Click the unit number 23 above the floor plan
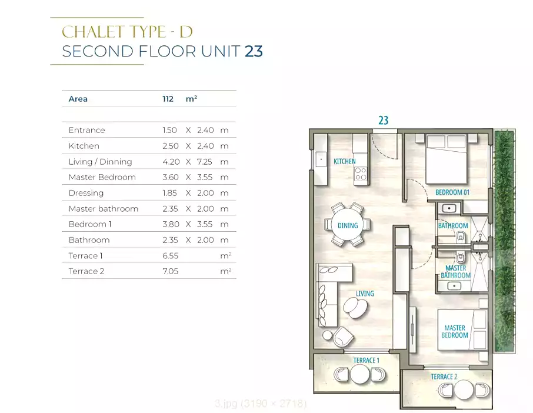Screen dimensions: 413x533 [x=383, y=121]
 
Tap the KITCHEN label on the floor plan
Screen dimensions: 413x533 [x=345, y=161]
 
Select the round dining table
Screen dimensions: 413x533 [x=348, y=225]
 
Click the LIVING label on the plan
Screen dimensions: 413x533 [x=365, y=294]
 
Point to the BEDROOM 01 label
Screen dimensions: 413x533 [x=452, y=192]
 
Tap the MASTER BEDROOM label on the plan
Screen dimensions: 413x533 [x=455, y=332]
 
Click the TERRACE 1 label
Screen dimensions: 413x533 [x=366, y=360]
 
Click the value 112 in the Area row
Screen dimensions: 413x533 [x=168, y=99]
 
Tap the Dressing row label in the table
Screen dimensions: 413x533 [x=86, y=193]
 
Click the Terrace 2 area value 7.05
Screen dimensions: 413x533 [x=170, y=271]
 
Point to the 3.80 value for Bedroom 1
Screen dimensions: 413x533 [x=170, y=224]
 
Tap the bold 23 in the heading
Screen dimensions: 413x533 [x=254, y=51]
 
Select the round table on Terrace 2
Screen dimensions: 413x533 [x=465, y=389]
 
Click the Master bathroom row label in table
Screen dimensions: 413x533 [x=104, y=209]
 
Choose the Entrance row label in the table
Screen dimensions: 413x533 [x=86, y=130]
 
